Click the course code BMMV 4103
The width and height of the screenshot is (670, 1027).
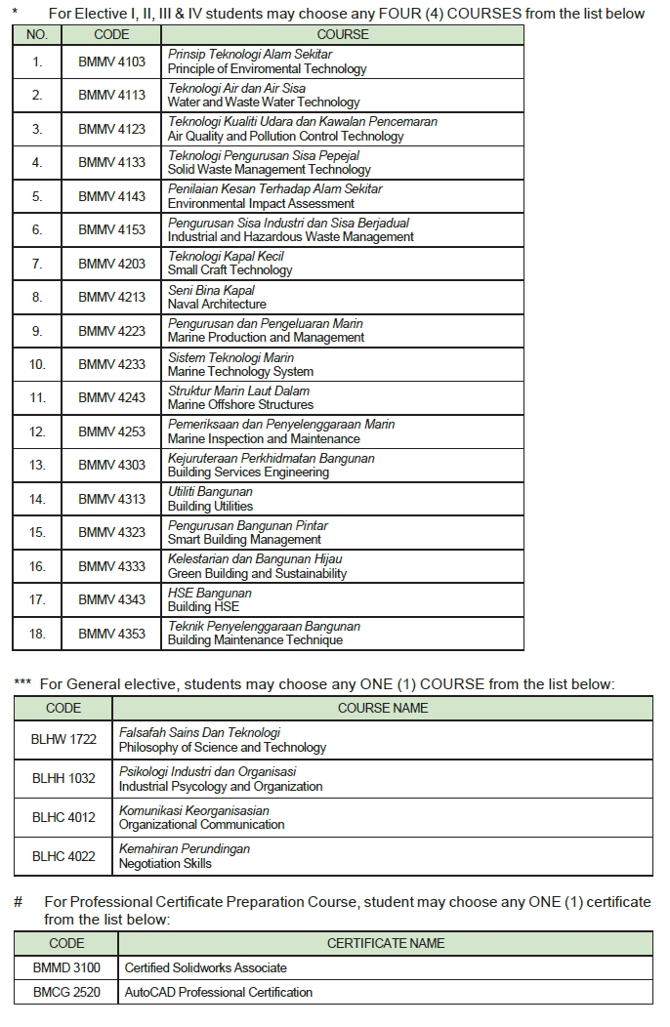coord(111,62)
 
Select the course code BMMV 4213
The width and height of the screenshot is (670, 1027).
coord(111,297)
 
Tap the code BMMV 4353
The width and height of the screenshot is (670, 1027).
coord(111,634)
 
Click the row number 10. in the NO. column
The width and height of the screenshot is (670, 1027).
coord(37,364)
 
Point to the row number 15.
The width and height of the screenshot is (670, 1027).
coord(37,532)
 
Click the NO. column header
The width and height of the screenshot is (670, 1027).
coord(37,34)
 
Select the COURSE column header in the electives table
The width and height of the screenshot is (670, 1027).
coord(342,34)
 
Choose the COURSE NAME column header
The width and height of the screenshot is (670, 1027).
coord(383,708)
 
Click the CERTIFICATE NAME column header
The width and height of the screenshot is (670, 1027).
coord(386,943)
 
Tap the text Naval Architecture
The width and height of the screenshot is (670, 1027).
coord(217,305)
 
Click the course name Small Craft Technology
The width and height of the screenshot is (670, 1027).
coord(230,270)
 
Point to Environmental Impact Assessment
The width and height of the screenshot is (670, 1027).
coord(261,203)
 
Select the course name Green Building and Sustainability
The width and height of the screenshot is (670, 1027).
coord(257,574)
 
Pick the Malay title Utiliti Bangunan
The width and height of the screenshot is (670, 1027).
coord(210,491)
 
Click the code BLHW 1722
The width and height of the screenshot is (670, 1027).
coord(64,739)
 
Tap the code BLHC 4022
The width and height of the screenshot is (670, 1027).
coord(63,856)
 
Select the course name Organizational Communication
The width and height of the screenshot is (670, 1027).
coord(201,825)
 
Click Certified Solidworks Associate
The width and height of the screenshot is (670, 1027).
coord(206,967)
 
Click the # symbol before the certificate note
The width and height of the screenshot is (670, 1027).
coord(19,901)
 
